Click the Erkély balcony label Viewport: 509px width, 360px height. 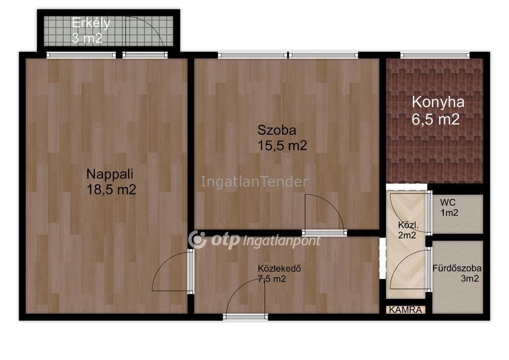[x=91, y=23]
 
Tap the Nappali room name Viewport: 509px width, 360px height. [x=110, y=174]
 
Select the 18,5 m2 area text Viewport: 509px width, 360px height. [x=111, y=190]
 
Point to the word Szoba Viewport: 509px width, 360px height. [x=277, y=130]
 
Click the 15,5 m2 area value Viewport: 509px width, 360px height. [x=282, y=145]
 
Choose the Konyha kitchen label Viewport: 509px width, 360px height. [x=438, y=102]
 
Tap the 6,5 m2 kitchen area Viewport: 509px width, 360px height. [x=436, y=119]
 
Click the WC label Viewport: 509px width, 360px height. [x=448, y=202]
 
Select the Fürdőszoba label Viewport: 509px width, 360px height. [x=457, y=268]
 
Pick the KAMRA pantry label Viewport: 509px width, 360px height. [x=406, y=310]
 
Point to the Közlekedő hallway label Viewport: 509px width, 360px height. [x=279, y=268]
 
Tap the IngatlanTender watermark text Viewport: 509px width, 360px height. [x=254, y=182]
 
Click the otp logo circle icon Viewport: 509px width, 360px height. [x=198, y=240]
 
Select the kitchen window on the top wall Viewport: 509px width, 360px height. [x=435, y=56]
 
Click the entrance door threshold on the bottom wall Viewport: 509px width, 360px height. [x=245, y=317]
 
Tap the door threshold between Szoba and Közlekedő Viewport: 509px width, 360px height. [x=324, y=232]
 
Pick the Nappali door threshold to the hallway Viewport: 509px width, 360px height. [x=190, y=271]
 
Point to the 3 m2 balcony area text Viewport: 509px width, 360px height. [x=86, y=38]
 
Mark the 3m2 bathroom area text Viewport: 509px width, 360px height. [x=470, y=278]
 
